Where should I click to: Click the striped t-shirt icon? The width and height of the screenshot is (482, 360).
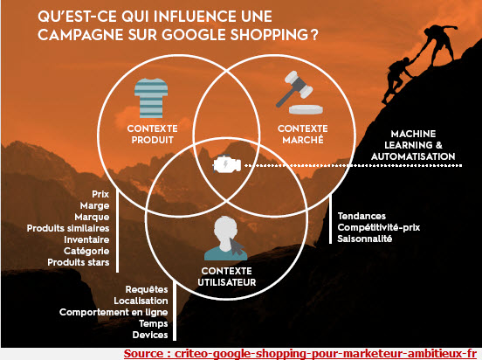(x=151, y=98)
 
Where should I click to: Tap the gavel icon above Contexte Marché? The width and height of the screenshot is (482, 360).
(x=300, y=93)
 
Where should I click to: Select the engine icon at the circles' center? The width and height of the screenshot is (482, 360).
(x=227, y=164)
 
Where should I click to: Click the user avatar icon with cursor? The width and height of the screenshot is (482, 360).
(x=226, y=239)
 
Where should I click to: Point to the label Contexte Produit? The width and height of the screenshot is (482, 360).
(x=153, y=135)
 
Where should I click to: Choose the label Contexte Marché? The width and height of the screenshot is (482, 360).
(x=303, y=135)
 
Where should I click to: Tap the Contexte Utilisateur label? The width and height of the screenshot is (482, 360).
(x=227, y=277)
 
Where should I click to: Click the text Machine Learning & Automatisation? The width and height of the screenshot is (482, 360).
(x=413, y=145)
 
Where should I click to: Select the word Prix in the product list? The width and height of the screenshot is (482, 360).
(x=100, y=194)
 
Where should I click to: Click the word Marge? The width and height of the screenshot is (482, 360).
(x=94, y=205)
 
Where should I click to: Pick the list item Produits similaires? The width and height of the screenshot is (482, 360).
(x=68, y=228)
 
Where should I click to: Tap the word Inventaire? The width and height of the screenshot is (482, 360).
(x=86, y=239)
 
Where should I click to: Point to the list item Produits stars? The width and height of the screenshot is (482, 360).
(x=79, y=262)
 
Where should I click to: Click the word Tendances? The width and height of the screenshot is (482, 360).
(x=361, y=216)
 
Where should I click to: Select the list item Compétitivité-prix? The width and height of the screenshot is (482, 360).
(x=379, y=227)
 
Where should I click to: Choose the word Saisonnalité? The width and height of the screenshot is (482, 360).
(x=365, y=239)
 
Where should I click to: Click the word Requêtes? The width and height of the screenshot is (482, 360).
(x=147, y=289)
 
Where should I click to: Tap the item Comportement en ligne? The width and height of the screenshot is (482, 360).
(x=114, y=312)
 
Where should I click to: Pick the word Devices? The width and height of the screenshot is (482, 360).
(x=150, y=335)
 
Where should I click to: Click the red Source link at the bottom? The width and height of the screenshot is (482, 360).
(x=300, y=354)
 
